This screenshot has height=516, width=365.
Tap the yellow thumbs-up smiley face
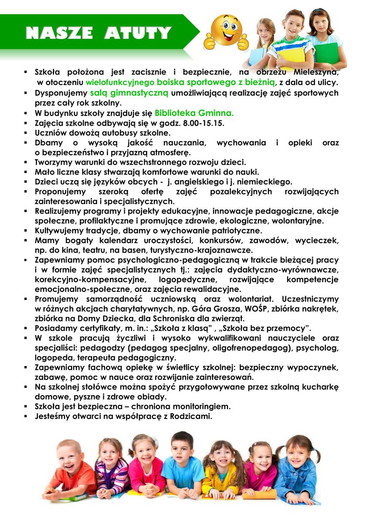click(x=226, y=32)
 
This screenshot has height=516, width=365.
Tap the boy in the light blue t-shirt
click(x=182, y=463)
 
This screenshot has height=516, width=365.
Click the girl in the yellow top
click(x=221, y=471)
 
